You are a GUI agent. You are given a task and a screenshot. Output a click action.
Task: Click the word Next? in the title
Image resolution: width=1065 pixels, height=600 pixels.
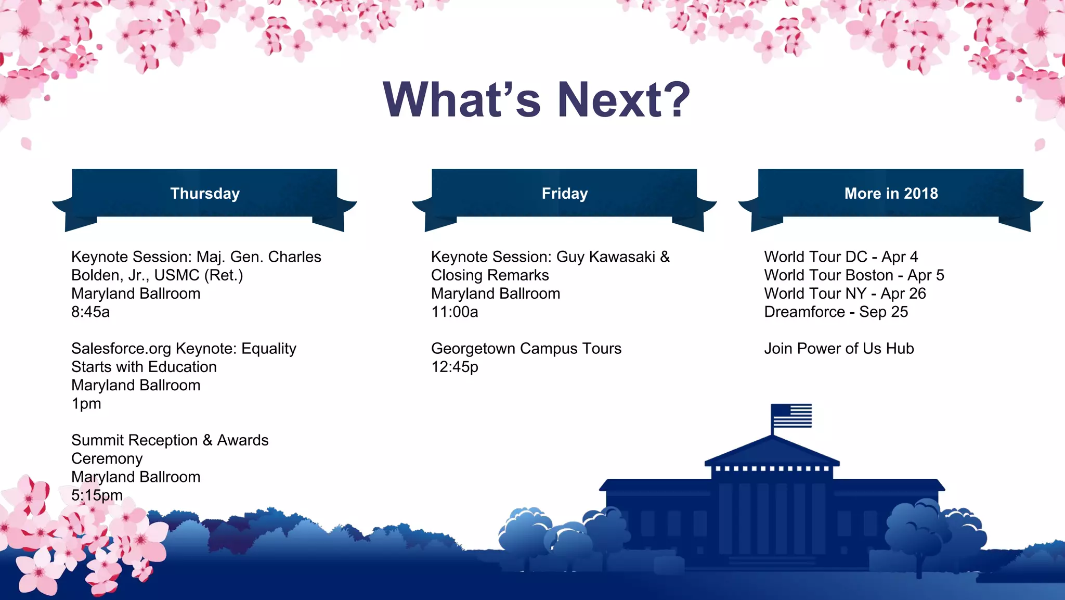click(624, 99)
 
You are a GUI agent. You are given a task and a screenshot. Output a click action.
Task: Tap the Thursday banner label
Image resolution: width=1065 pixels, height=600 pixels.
click(205, 194)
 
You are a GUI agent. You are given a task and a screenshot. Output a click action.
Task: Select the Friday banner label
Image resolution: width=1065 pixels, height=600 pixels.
click(564, 194)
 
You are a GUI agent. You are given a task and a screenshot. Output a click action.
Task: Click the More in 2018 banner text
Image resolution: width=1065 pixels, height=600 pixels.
click(891, 194)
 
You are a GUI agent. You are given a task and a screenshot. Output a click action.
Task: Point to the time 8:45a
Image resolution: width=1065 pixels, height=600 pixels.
click(90, 312)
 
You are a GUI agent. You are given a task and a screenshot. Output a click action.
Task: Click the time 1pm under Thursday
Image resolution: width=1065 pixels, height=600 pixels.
click(86, 404)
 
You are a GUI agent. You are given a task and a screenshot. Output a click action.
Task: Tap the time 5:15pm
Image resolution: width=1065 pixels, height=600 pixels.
click(97, 495)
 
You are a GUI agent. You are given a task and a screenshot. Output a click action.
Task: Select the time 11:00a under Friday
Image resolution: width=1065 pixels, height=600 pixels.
click(454, 312)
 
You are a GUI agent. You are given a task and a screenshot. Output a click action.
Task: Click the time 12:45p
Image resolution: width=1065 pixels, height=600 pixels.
click(454, 367)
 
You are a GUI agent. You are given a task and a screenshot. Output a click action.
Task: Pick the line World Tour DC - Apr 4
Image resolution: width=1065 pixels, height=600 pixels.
click(841, 257)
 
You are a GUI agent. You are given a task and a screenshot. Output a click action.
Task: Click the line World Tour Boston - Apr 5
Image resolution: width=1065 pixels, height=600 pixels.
click(854, 275)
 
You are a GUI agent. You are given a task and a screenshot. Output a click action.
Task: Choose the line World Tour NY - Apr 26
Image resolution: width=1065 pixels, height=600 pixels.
click(845, 294)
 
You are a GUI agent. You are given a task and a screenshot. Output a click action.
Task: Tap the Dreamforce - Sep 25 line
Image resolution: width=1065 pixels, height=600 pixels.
click(836, 312)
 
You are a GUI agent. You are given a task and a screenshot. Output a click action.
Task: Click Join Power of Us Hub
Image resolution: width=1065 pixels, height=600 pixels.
click(839, 349)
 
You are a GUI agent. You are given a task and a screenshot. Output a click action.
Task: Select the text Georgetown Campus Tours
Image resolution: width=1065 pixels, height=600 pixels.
click(526, 349)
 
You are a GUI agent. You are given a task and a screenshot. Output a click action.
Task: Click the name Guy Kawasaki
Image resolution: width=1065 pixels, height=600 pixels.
click(605, 257)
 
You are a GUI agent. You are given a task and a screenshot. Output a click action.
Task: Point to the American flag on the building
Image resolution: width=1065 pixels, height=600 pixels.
click(791, 415)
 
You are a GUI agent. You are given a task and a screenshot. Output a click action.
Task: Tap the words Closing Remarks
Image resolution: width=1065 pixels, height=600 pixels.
click(490, 275)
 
